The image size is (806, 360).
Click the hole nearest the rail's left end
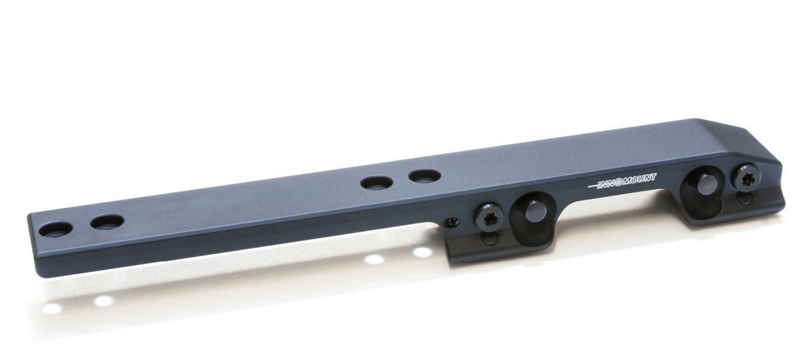tap(56, 229)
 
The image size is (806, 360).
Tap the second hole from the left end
tap(107, 222)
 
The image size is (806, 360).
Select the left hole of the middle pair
tap(376, 182)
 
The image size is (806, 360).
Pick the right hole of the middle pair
tap(425, 176)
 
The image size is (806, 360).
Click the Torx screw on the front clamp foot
tap(489, 218)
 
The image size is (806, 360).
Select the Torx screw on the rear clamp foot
tap(746, 178)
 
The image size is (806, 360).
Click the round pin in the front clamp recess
tap(535, 211)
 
